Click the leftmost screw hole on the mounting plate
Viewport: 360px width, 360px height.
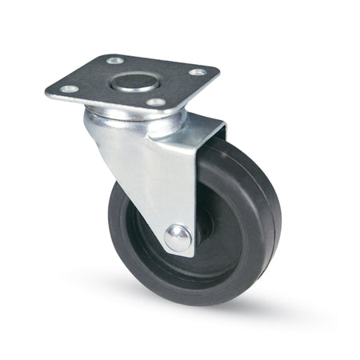tap(70, 89)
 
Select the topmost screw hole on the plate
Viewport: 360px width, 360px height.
tap(115, 60)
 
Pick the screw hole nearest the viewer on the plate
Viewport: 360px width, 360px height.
tap(156, 102)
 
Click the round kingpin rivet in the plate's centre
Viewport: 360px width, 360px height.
tap(132, 81)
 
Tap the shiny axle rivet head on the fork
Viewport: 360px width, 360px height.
tap(178, 237)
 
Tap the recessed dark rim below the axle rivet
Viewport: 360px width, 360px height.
tap(192, 269)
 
